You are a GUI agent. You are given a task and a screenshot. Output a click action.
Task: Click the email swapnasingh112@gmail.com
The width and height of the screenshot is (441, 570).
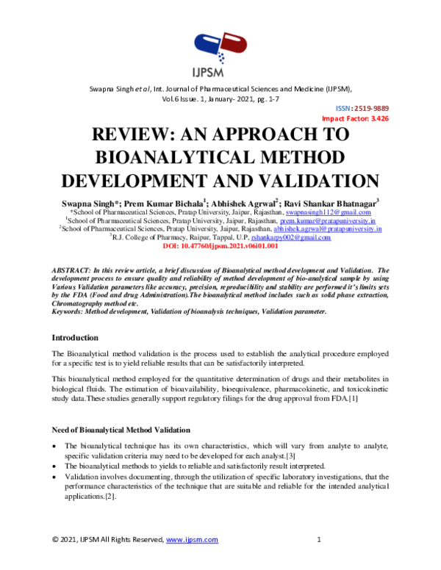pos(330,211)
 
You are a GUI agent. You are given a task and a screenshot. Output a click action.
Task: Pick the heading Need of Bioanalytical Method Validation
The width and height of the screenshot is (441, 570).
pos(121,429)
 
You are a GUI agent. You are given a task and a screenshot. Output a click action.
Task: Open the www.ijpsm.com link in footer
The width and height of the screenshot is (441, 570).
pos(193,540)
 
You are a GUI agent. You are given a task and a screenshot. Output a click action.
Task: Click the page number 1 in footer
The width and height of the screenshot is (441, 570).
pos(320,540)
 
